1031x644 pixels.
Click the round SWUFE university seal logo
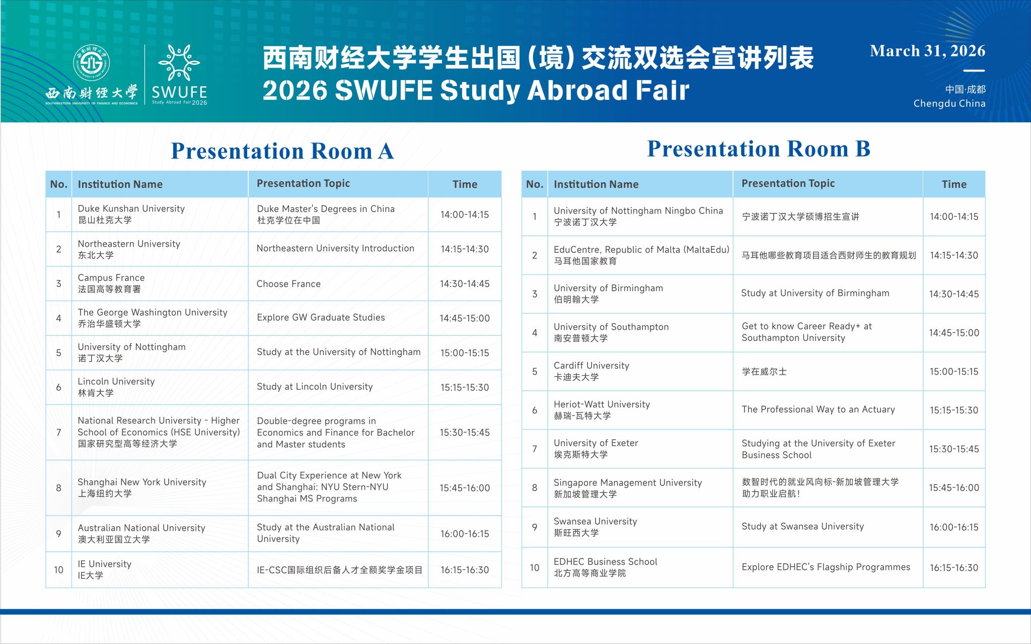(x=91, y=63)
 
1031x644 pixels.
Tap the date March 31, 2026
(x=927, y=51)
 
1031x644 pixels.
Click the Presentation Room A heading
(x=282, y=151)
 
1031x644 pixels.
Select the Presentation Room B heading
(x=759, y=149)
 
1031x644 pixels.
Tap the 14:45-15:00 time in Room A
(x=465, y=318)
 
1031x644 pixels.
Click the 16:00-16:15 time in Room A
(x=465, y=534)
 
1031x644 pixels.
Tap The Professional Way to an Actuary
(x=818, y=409)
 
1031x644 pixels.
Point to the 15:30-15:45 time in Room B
(x=954, y=449)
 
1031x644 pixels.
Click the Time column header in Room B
(x=954, y=184)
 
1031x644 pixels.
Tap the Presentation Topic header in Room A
(x=303, y=183)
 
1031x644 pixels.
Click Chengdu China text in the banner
(x=949, y=103)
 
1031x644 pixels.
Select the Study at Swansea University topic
(x=802, y=526)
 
